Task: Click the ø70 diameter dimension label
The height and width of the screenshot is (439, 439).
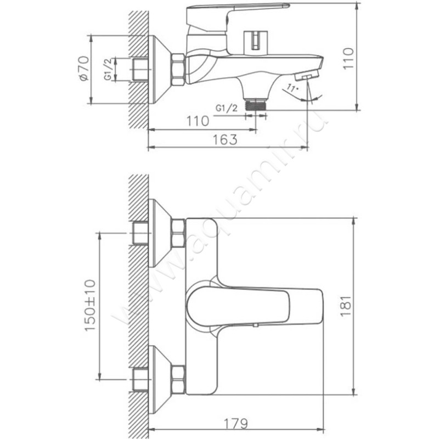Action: (85, 68)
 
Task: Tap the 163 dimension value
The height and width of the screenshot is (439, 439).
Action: (225, 140)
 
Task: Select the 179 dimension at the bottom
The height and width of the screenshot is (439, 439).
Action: (236, 424)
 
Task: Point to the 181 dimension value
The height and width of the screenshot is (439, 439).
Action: (346, 306)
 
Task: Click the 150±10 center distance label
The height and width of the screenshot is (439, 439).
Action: (90, 305)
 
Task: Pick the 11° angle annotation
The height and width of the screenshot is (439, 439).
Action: (292, 89)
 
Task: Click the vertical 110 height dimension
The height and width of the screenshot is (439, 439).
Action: (348, 59)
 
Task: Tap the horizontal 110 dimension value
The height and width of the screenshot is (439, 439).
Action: (198, 121)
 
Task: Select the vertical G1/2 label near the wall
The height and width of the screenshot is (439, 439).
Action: (108, 69)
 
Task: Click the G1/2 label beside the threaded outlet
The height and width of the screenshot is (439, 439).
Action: (226, 108)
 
